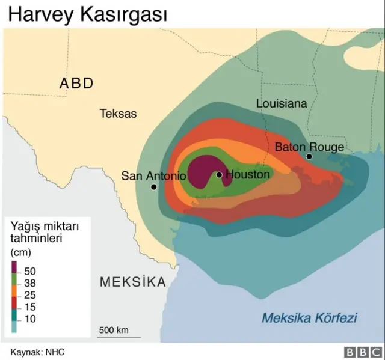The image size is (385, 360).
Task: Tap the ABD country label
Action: (x=76, y=84)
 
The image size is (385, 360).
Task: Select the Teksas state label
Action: (x=118, y=114)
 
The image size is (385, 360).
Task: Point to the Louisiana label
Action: (x=282, y=103)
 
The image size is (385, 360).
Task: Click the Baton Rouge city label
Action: (x=309, y=147)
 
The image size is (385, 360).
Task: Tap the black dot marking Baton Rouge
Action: (x=309, y=157)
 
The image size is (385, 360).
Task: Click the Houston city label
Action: (x=248, y=175)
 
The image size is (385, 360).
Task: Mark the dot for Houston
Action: (x=220, y=175)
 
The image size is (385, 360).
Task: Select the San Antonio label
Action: (x=153, y=176)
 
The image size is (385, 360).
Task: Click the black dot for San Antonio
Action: (x=154, y=187)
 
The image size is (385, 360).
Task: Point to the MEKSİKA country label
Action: (x=132, y=282)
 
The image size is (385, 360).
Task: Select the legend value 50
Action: (x=29, y=271)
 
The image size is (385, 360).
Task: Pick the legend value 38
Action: (x=29, y=283)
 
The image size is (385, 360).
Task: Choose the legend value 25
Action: (x=29, y=295)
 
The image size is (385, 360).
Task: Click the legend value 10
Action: (x=29, y=319)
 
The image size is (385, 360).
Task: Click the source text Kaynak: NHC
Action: (x=37, y=352)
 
